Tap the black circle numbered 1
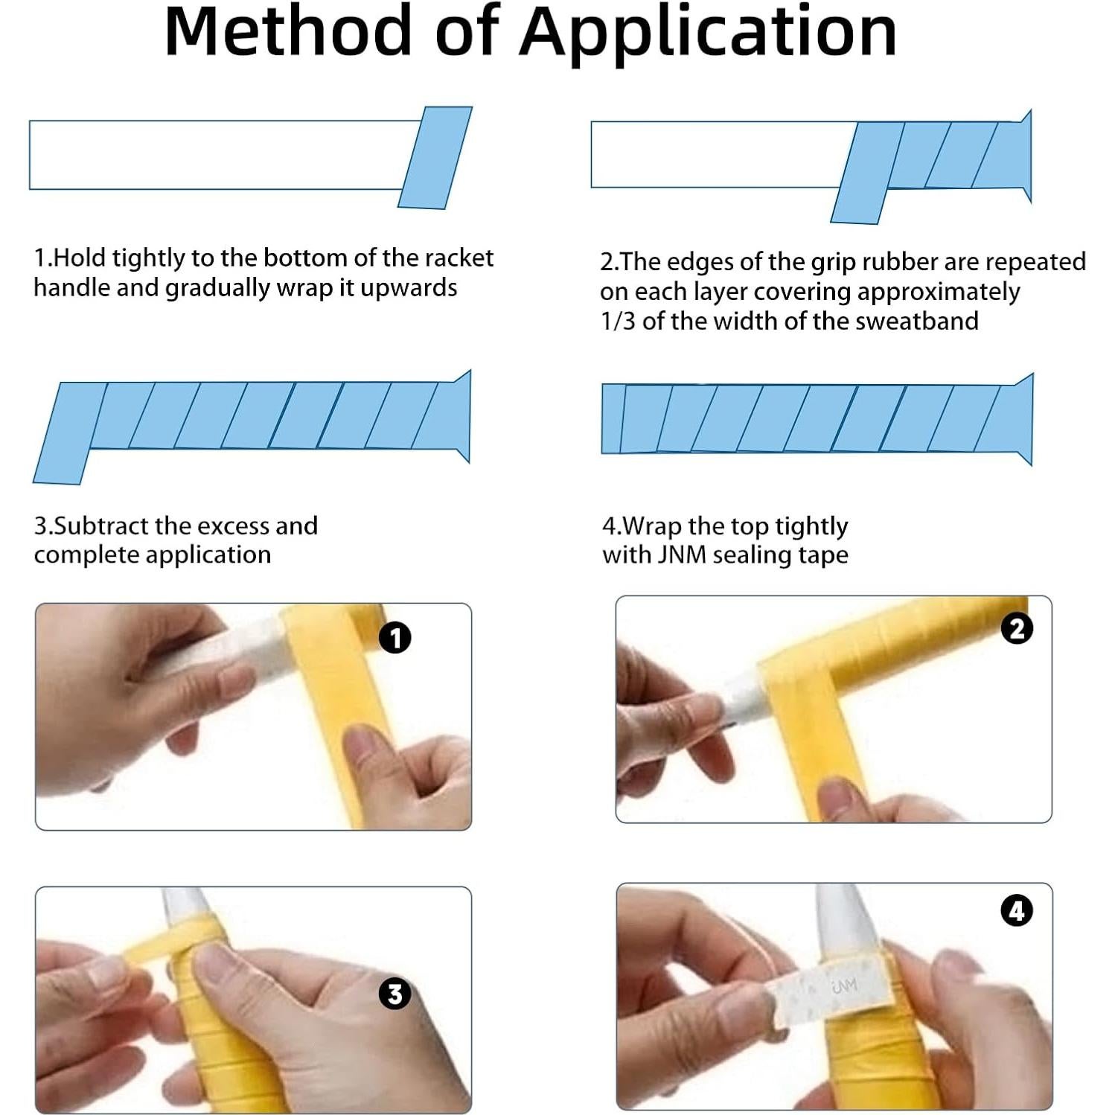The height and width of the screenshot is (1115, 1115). [394, 638]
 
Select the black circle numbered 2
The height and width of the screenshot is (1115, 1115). [1017, 628]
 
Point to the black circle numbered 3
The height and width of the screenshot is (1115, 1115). [394, 994]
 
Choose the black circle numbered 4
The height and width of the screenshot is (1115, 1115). [1017, 910]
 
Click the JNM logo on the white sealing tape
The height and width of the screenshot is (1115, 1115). [845, 986]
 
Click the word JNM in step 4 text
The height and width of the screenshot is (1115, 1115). [683, 555]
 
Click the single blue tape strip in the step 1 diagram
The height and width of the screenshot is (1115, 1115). [435, 158]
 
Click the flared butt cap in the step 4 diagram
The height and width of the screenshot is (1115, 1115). [1022, 419]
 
